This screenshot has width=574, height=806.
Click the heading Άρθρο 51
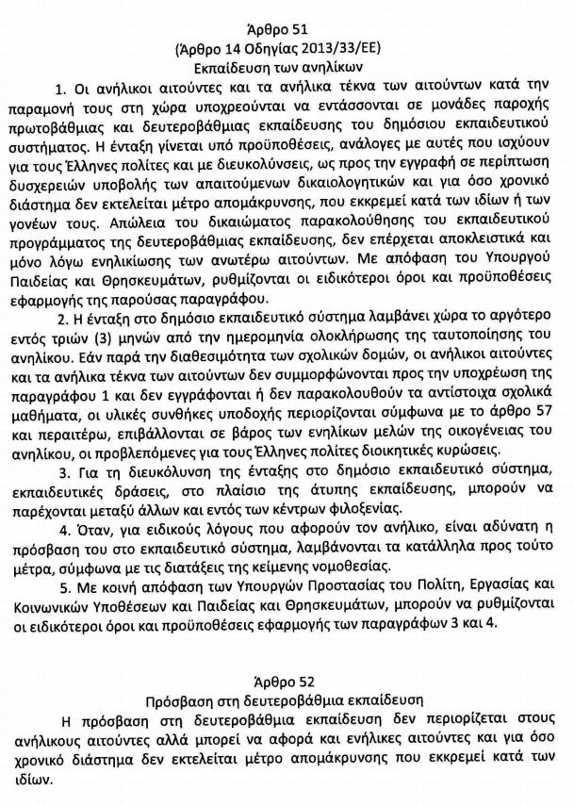[286, 24]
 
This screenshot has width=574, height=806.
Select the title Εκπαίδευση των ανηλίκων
[287, 68]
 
